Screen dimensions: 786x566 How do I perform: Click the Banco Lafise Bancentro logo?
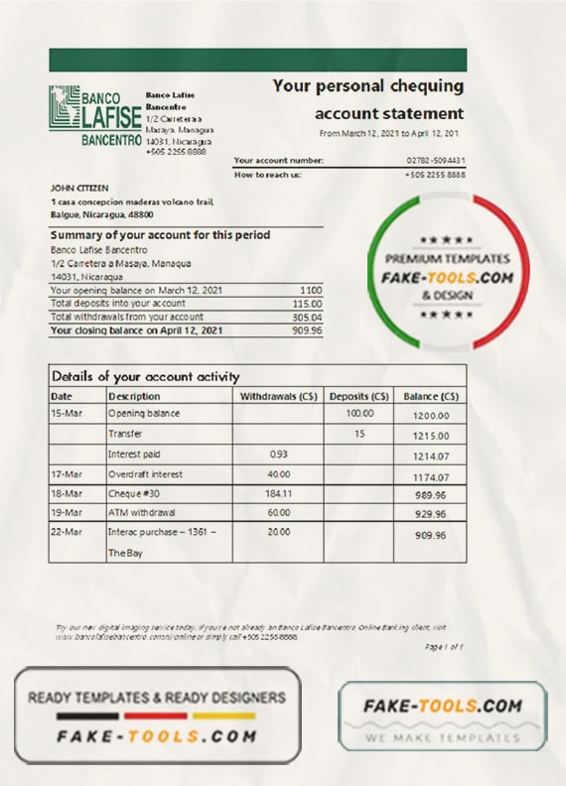tap(94, 116)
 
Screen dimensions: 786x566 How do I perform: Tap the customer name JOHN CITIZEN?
tap(79, 188)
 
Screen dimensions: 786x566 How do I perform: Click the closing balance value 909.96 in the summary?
tap(307, 330)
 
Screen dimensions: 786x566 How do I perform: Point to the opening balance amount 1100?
tap(311, 289)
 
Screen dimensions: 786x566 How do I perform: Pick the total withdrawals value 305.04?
tap(307, 317)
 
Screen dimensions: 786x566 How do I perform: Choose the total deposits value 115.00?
tap(307, 303)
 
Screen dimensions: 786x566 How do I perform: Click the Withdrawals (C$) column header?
tap(279, 396)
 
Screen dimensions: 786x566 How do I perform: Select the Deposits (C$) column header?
tap(358, 396)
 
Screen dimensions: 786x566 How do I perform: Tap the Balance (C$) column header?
tap(430, 396)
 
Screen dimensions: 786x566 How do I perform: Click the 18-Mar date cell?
tap(67, 493)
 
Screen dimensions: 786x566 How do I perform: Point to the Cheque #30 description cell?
tap(133, 493)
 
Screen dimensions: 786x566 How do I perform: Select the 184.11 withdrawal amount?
tap(279, 493)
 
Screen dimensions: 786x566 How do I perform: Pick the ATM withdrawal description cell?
tap(140, 513)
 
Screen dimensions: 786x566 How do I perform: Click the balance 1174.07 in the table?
tap(432, 477)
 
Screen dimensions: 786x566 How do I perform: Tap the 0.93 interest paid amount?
tap(279, 454)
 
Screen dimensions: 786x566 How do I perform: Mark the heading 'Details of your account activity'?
tap(145, 377)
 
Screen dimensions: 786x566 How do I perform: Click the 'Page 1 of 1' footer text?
tap(444, 646)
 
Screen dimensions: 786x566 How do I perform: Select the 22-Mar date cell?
tap(67, 533)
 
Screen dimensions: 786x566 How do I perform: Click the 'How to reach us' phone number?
tap(435, 175)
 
